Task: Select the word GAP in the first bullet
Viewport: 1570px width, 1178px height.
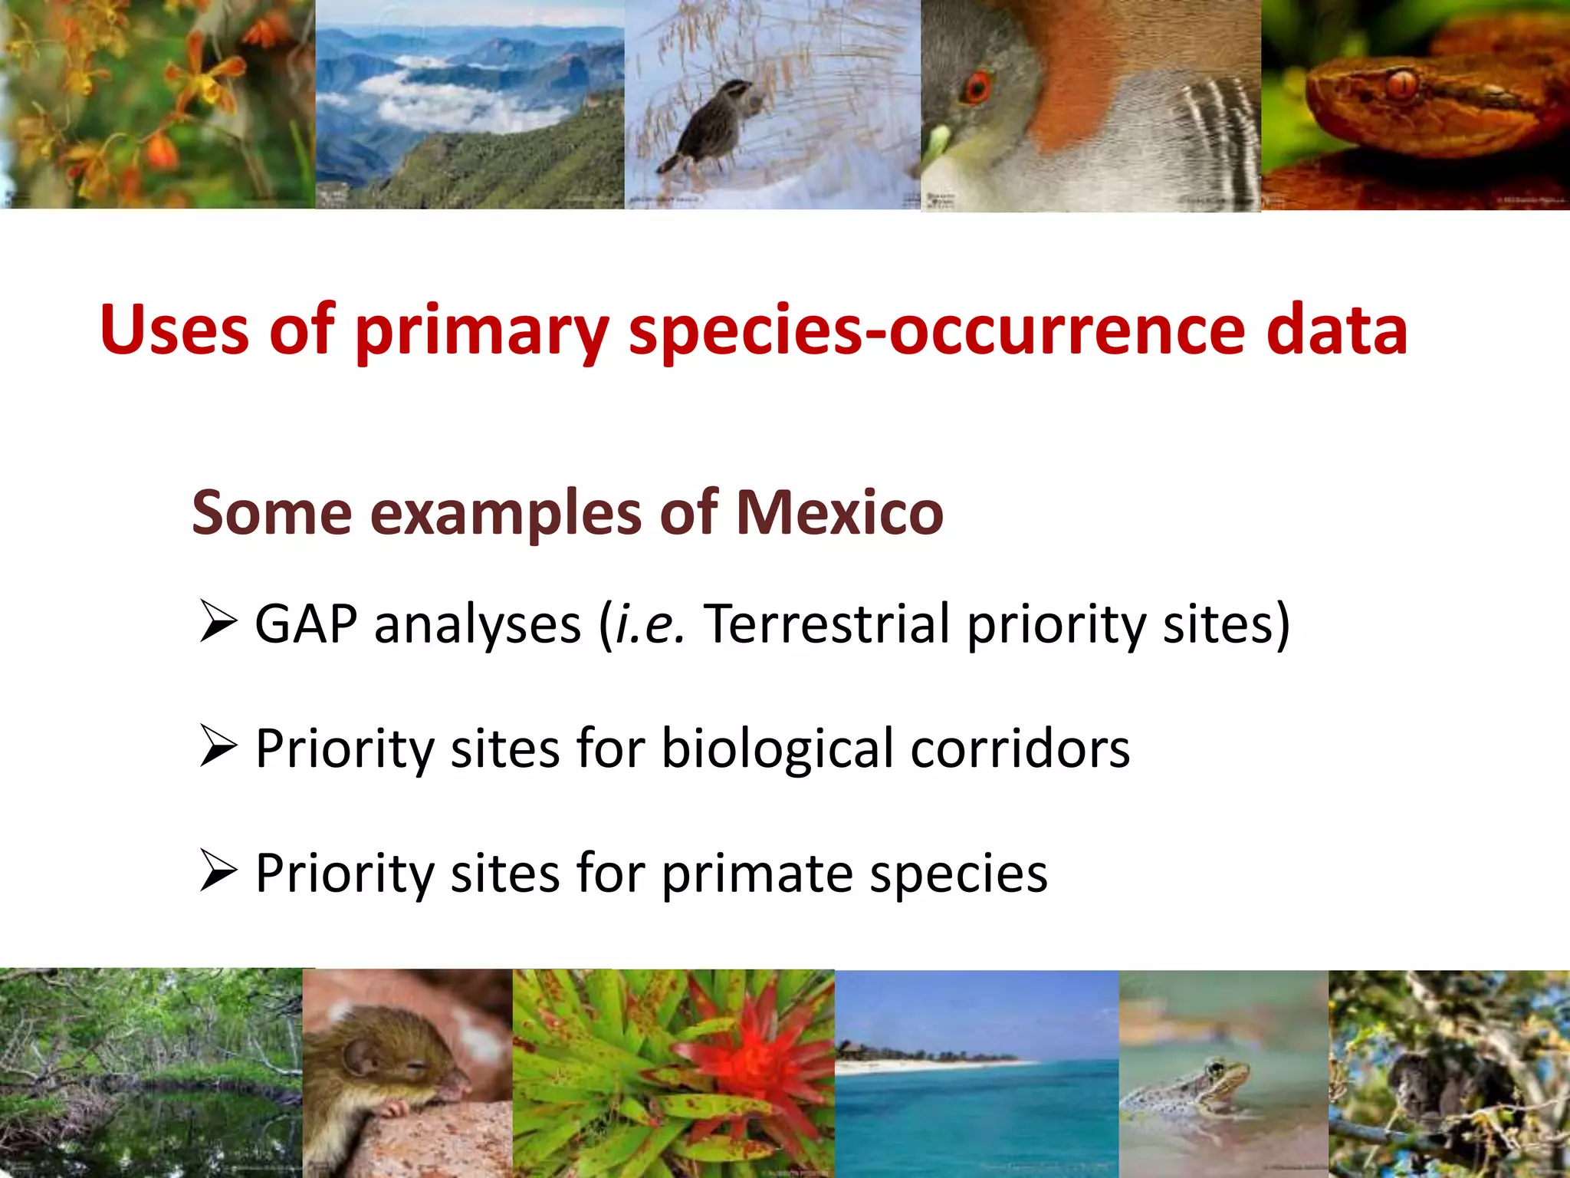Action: tap(306, 624)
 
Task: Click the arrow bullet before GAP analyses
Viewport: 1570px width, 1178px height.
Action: tap(218, 622)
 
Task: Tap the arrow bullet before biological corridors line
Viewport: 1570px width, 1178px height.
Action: tap(218, 747)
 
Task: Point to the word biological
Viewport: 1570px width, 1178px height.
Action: tap(777, 749)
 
